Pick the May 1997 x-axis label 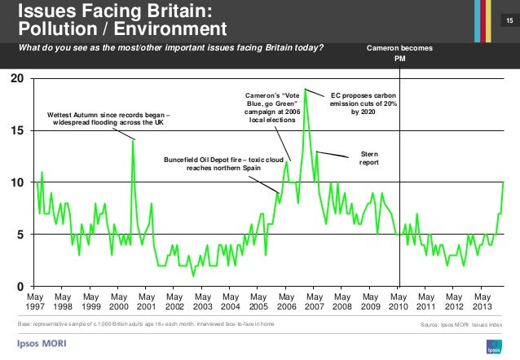[x=36, y=304]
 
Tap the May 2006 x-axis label [x=286, y=304]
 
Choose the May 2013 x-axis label [x=481, y=304]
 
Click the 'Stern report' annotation [x=369, y=158]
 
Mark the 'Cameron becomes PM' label [x=399, y=53]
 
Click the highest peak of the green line [x=306, y=89]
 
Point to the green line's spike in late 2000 [x=134, y=141]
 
